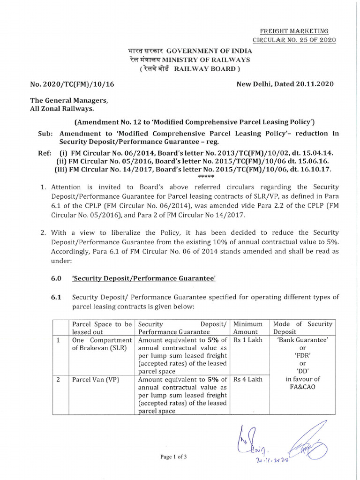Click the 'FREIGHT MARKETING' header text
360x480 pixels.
coord(294,30)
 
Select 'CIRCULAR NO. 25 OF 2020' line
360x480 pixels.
coord(294,40)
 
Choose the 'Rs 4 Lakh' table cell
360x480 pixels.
coord(247,379)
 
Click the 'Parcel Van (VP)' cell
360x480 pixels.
coord(95,379)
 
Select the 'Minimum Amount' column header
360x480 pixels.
coord(248,328)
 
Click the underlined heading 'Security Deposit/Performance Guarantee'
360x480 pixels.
coord(143,278)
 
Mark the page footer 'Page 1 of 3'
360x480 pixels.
coord(173,457)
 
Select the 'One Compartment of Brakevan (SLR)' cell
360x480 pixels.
coord(102,344)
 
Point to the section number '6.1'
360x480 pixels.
coord(56,297)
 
